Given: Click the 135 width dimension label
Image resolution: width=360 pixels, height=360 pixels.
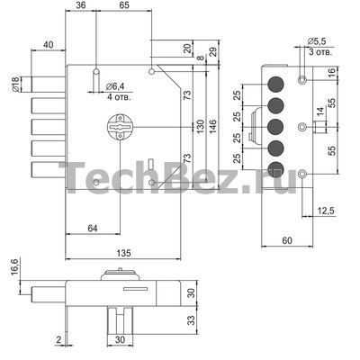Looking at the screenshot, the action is point(123,253).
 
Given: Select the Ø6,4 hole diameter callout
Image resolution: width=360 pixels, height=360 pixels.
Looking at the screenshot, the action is point(115,86).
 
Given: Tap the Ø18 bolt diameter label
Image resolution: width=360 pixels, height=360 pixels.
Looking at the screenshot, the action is point(15,85).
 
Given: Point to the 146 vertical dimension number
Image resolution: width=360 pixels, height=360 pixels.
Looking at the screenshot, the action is point(212,126).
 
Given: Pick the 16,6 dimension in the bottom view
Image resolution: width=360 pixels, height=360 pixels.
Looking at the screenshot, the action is point(15,268).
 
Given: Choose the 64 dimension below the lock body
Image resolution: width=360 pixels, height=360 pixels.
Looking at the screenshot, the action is point(93,229).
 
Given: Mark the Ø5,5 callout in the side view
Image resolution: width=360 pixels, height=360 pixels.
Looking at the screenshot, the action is point(317,41).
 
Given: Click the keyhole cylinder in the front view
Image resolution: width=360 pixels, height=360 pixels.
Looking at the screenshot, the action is point(120,127).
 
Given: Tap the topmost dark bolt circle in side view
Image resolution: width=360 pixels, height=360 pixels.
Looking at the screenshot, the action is point(275,85).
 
